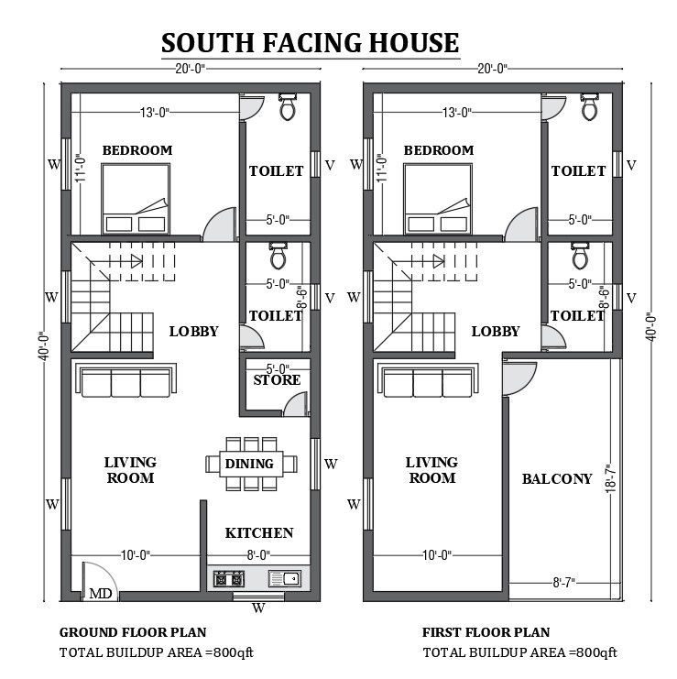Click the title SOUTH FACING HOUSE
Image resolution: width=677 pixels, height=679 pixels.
310,43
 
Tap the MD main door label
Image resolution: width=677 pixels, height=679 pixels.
101,594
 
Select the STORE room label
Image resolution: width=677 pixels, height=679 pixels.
277,379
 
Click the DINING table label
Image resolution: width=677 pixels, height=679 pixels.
249,464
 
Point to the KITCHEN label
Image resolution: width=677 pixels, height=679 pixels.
259,532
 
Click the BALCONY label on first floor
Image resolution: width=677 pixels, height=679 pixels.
557,478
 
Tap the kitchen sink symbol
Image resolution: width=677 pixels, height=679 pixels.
284,578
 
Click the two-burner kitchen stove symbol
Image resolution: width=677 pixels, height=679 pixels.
227,578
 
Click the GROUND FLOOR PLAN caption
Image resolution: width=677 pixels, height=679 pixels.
133,631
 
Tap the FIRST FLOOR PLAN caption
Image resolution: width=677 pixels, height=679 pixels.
486,631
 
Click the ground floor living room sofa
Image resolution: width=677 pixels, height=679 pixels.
124,382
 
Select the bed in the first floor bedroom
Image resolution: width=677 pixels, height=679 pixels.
438,199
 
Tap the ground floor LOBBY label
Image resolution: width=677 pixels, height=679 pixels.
193,331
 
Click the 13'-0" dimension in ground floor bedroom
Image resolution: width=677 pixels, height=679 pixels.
154,112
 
